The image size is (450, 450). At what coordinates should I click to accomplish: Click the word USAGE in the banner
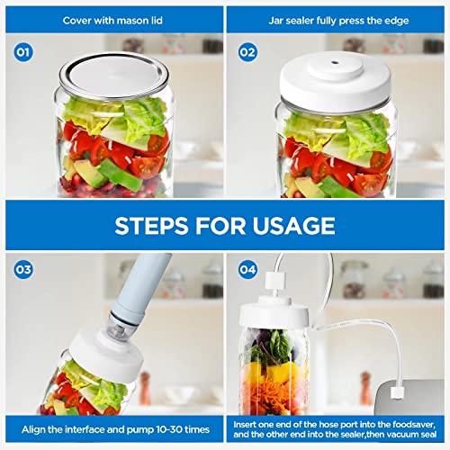pyautogui.click(x=290, y=225)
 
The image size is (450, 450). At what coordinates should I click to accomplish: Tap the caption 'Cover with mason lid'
pyautogui.click(x=112, y=18)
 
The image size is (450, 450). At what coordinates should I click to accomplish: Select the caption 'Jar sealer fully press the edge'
pyautogui.click(x=337, y=18)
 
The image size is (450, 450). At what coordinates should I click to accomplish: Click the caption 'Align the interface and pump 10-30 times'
pyautogui.click(x=112, y=431)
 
